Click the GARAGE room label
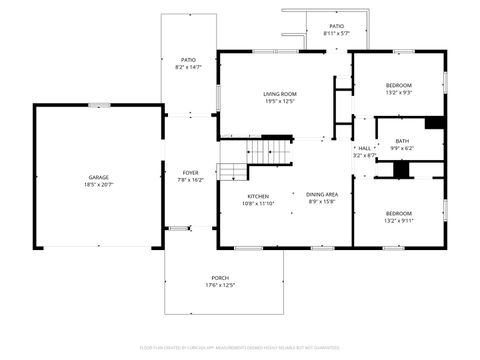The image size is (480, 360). pyautogui.click(x=97, y=177)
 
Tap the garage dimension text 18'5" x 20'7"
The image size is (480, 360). pyautogui.click(x=97, y=185)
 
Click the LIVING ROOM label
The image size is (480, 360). pyautogui.click(x=280, y=92)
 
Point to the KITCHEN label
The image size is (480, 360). pyautogui.click(x=257, y=196)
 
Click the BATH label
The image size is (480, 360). pyautogui.click(x=401, y=141)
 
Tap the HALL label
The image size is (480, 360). pyautogui.click(x=364, y=148)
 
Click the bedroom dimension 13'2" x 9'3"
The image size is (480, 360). pyautogui.click(x=399, y=93)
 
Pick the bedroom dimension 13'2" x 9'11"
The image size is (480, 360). pyautogui.click(x=399, y=221)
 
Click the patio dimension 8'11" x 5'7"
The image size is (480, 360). pyautogui.click(x=336, y=34)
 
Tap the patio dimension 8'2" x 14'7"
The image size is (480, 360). pyautogui.click(x=188, y=68)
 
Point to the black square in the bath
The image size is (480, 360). pyautogui.click(x=434, y=123)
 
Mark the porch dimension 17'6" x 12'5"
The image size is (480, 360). pyautogui.click(x=219, y=285)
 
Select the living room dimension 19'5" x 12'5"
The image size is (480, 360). pyautogui.click(x=280, y=100)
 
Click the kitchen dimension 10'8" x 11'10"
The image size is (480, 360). pyautogui.click(x=257, y=204)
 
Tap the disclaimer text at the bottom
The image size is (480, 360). pyautogui.click(x=240, y=348)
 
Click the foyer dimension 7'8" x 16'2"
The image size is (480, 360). pyautogui.click(x=190, y=181)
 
